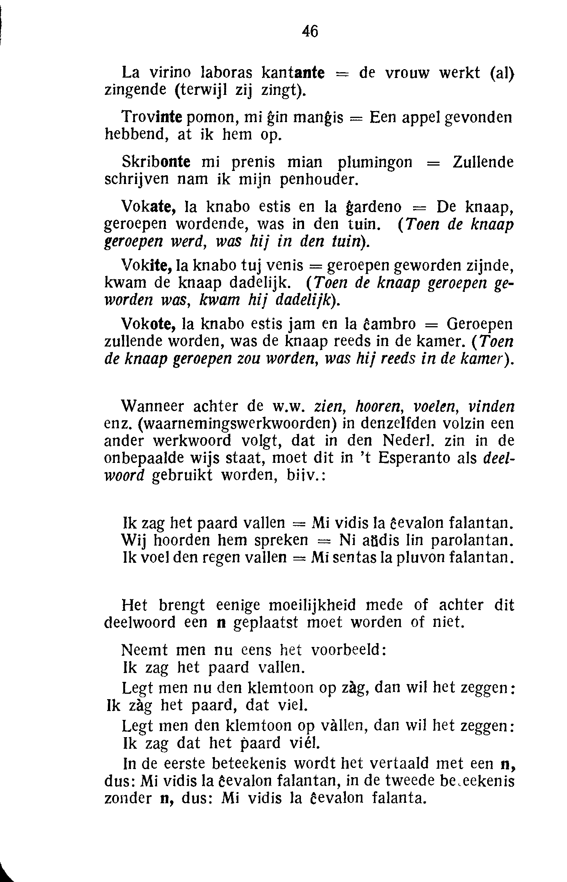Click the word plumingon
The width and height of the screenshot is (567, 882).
pyautogui.click(x=375, y=163)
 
